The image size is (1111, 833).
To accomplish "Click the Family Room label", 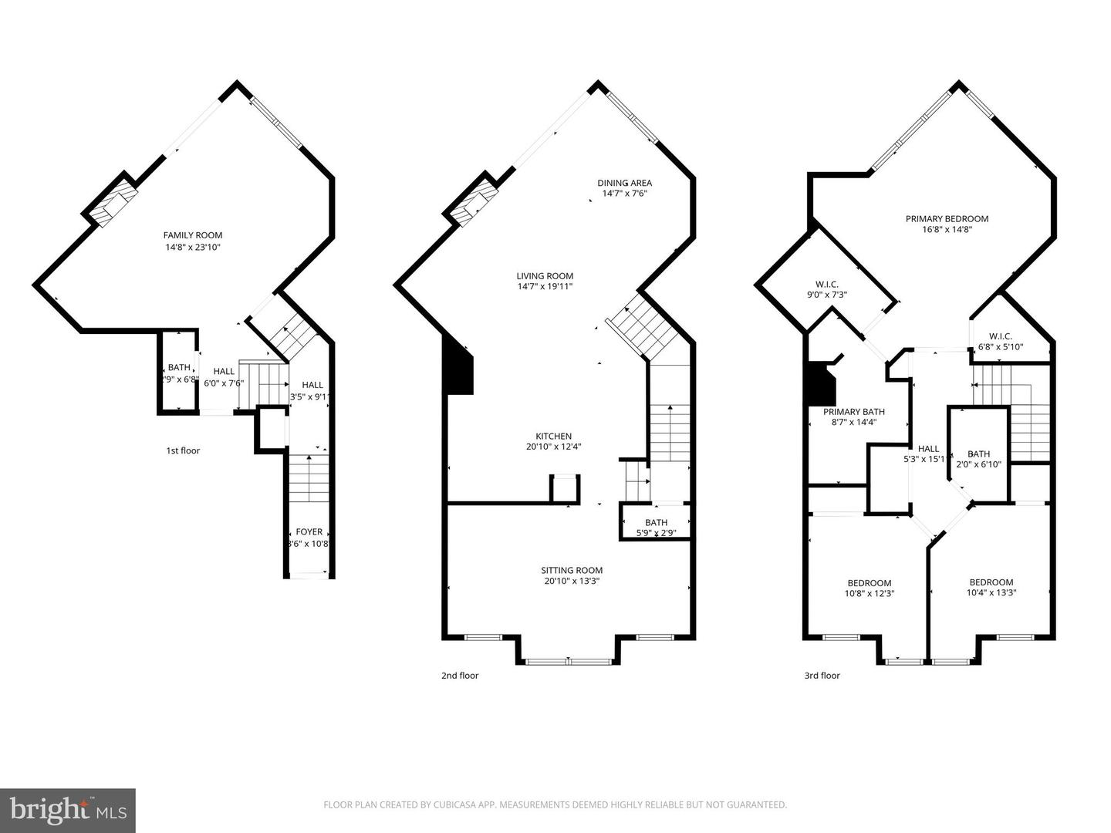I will (x=192, y=235).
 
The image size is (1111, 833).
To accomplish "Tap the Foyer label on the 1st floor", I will (x=309, y=532).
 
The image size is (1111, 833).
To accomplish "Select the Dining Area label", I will (x=624, y=183).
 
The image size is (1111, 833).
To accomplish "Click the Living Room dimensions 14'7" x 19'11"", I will (x=545, y=287).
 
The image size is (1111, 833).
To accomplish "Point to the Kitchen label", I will (x=554, y=436).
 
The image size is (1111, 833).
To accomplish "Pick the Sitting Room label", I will (x=572, y=571).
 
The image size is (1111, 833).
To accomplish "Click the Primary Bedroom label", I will (x=947, y=218).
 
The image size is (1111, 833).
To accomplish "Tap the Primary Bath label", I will (x=853, y=412).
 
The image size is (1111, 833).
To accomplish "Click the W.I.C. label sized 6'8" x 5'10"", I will (x=1000, y=336).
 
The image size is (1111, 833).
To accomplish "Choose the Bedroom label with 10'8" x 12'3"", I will (x=869, y=583).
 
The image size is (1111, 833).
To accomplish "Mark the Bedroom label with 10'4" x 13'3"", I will (x=991, y=582).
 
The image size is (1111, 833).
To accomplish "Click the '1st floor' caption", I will (x=183, y=450).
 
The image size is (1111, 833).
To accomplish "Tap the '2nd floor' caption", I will (x=460, y=676).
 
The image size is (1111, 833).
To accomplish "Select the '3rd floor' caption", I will (x=822, y=676).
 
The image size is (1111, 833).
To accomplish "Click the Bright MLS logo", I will (x=67, y=810).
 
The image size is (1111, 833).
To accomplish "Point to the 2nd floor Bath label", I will (x=656, y=523).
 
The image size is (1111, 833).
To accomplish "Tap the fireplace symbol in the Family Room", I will (x=112, y=203).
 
